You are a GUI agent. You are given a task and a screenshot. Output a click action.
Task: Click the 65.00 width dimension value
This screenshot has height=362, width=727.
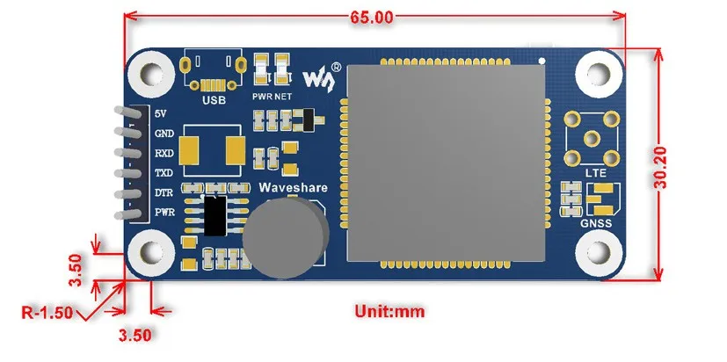371,18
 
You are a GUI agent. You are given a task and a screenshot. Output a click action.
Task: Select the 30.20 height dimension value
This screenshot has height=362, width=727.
660,167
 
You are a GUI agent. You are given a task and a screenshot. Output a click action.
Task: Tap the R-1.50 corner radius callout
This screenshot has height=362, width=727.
47,313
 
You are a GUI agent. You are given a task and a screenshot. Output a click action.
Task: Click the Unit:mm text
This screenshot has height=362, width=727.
389,311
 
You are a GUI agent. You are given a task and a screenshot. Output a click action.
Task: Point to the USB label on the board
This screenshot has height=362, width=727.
214,99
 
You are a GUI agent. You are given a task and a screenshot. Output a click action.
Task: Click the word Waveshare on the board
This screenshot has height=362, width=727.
293,188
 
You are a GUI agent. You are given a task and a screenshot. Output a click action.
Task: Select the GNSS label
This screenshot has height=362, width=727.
596,224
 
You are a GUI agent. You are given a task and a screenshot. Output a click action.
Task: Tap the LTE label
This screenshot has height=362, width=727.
596,173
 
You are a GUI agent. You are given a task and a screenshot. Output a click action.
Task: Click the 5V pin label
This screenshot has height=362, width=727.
160,113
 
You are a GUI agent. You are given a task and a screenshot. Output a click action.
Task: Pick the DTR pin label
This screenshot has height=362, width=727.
164,192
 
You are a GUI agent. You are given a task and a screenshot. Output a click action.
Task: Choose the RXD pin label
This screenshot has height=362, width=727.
164,154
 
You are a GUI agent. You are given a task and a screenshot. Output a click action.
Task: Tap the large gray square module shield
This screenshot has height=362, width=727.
446,163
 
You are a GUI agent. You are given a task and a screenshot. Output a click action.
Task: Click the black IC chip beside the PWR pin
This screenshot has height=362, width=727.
215,215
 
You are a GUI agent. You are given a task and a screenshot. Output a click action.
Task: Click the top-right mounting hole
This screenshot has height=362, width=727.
599,74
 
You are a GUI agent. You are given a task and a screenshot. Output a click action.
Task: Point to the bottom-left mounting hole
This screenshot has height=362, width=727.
151,253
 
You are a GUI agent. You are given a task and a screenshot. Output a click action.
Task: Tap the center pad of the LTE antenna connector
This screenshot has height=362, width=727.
593,139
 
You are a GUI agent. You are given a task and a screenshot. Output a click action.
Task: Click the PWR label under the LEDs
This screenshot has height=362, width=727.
261,98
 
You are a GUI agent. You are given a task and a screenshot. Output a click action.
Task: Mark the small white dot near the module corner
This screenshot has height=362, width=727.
542,61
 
